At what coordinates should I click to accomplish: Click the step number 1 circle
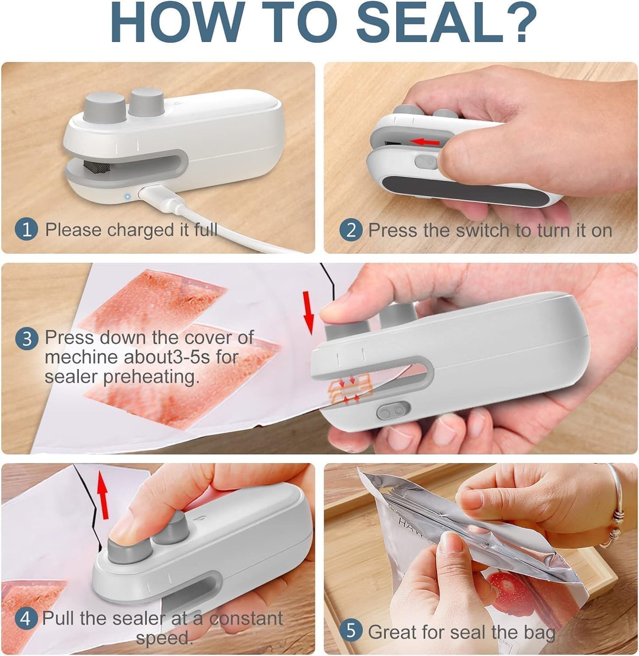pyautogui.click(x=27, y=230)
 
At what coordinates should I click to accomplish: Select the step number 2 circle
pyautogui.click(x=351, y=230)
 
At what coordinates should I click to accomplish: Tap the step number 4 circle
pyautogui.click(x=25, y=618)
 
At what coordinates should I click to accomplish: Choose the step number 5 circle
pyautogui.click(x=351, y=631)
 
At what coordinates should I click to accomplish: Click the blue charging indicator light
pyautogui.click(x=127, y=196)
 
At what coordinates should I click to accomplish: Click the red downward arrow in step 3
pyautogui.click(x=309, y=312)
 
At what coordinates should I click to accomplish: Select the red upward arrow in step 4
pyautogui.click(x=103, y=494)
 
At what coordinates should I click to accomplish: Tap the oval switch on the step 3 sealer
pyautogui.click(x=393, y=411)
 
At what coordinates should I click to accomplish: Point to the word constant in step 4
pyautogui.click(x=246, y=618)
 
